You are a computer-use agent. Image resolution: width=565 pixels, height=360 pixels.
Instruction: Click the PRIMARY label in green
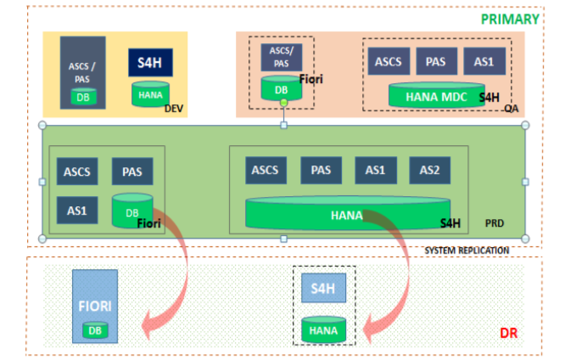[510, 19]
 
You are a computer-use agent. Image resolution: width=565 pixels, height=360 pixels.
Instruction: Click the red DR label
[508, 333]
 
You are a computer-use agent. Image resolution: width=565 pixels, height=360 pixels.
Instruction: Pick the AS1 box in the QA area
[484, 60]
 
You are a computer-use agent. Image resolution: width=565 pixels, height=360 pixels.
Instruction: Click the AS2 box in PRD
[430, 170]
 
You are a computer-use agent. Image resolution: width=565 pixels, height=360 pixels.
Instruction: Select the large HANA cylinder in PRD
[346, 215]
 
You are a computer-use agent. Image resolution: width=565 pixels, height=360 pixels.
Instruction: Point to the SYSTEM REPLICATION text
[467, 250]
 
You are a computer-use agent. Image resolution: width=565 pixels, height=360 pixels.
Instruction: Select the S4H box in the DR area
[323, 289]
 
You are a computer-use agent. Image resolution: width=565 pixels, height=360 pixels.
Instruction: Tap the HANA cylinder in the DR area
[323, 329]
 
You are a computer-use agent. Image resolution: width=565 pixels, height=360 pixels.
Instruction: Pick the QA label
[511, 110]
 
